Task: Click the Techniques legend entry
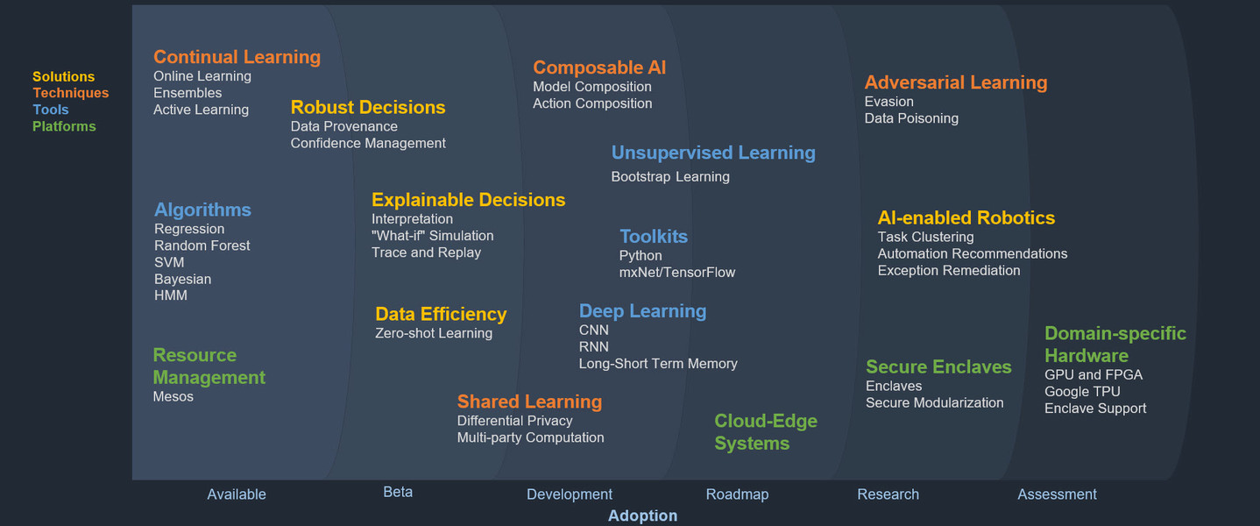(x=70, y=93)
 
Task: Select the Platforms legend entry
(x=64, y=126)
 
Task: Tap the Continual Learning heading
(x=237, y=57)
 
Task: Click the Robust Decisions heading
(x=368, y=107)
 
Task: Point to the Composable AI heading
(x=599, y=68)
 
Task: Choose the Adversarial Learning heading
(x=956, y=82)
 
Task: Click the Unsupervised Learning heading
(x=713, y=153)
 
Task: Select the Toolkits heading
(x=654, y=237)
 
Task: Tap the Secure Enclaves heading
(x=938, y=366)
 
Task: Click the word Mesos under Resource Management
(x=173, y=396)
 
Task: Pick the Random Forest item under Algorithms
(x=202, y=245)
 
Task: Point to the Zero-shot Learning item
(x=434, y=333)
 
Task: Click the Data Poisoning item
(x=911, y=118)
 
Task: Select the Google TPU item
(x=1082, y=392)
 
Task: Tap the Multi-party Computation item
(x=530, y=437)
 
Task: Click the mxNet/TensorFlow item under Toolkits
(x=677, y=273)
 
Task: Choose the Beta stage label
(x=398, y=492)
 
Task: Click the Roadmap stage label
(x=737, y=494)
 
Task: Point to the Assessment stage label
(x=1057, y=494)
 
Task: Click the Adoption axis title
(x=642, y=515)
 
